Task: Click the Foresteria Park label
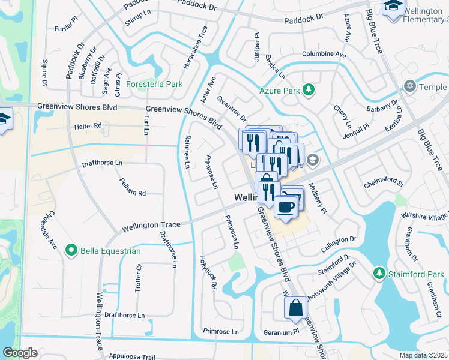coord(154,85)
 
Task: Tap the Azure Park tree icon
coord(309,90)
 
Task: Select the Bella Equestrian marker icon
coord(71,250)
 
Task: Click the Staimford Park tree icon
coord(379,274)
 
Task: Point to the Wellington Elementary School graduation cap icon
coord(393,7)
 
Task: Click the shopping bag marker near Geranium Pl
coord(295,308)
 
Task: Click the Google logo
coord(20,353)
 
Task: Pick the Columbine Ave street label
coord(324,55)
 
